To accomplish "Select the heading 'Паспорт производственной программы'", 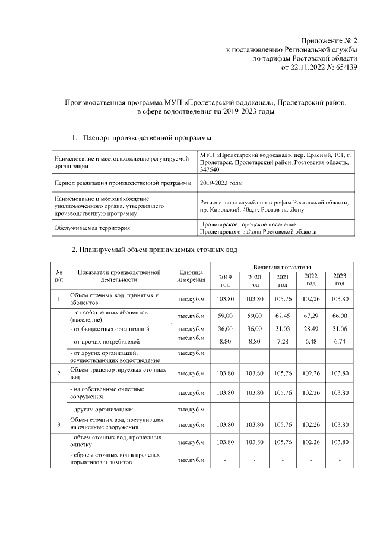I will [x=147, y=138].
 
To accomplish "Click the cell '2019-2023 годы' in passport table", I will [x=221, y=183].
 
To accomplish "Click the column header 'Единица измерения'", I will [x=191, y=276].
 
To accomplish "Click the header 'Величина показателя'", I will [x=282, y=268].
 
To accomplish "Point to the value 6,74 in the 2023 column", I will [x=340, y=342].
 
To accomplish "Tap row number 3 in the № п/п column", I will [x=59, y=424].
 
